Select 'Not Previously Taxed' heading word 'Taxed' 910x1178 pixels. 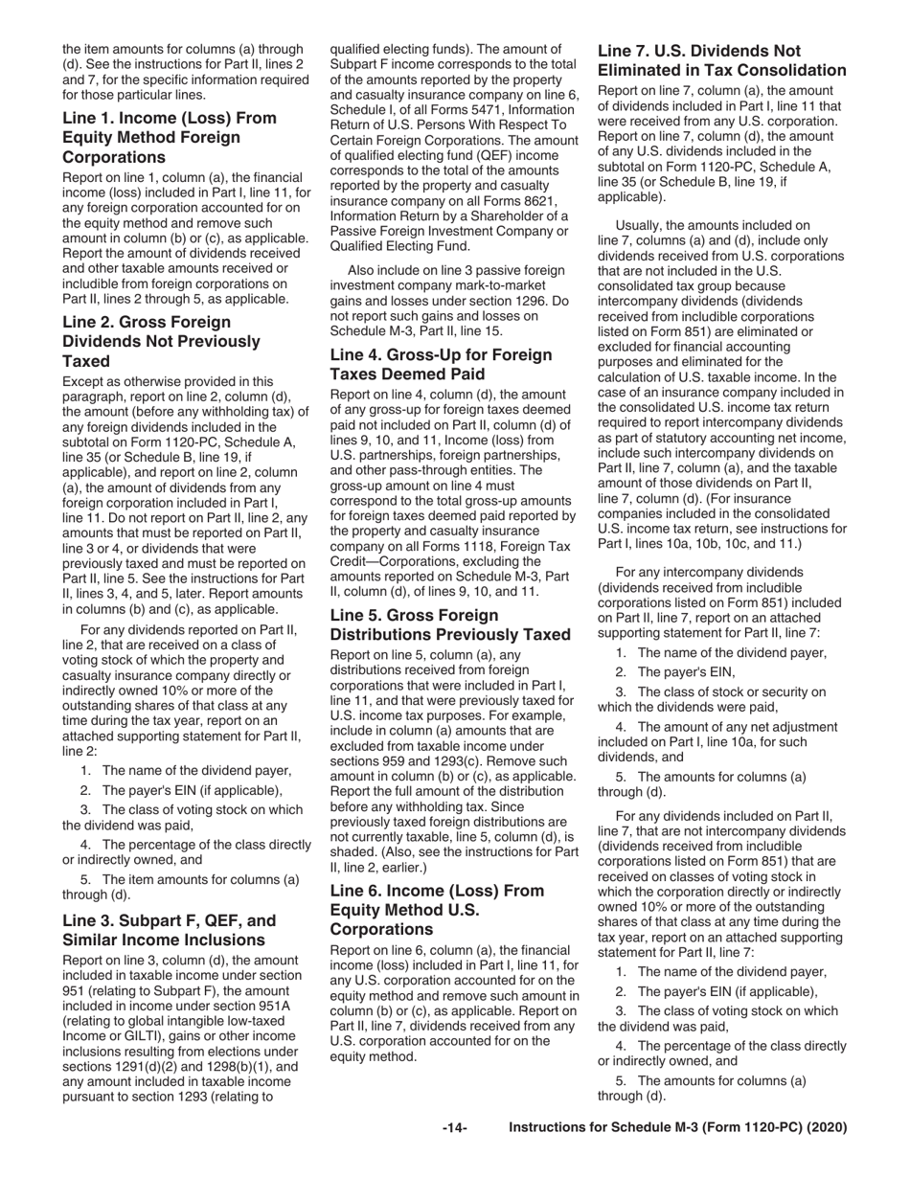(85, 361)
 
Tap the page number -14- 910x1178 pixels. (454, 1128)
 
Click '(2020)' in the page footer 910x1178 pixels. (826, 1128)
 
